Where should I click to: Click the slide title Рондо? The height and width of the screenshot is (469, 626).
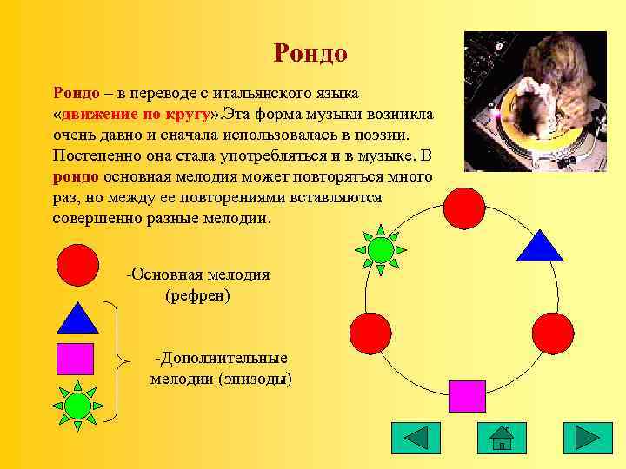[310, 53]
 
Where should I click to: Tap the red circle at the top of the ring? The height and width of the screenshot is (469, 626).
[463, 208]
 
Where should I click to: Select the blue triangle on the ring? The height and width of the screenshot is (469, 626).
[541, 246]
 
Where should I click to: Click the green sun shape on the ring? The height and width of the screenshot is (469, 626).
[380, 249]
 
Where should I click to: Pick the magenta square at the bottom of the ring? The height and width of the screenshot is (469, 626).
[467, 396]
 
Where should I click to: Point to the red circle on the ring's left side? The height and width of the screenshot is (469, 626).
[370, 332]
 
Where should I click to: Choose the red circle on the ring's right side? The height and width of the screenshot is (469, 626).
[553, 332]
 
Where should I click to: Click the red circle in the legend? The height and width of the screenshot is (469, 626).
[77, 265]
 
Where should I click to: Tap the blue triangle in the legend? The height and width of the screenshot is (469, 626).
[77, 318]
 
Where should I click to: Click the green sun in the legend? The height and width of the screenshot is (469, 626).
[77, 405]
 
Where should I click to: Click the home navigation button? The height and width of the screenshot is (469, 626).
[502, 439]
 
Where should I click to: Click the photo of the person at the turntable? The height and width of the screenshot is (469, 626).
[535, 102]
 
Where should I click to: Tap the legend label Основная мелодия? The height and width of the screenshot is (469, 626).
[200, 274]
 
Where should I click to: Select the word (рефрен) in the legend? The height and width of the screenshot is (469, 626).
[197, 295]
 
